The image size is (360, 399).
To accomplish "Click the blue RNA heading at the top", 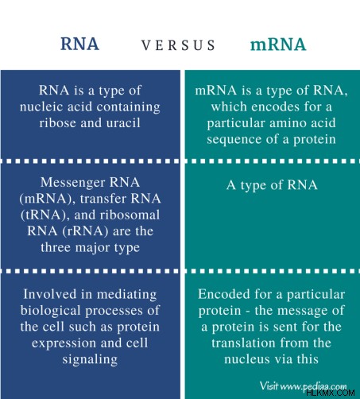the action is (79, 44).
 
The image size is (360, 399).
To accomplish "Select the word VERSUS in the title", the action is (178, 45).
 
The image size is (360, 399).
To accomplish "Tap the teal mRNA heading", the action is (278, 45).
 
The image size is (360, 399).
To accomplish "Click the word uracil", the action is (123, 123).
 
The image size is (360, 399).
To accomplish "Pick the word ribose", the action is (58, 123).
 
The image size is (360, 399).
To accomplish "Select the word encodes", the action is (276, 107).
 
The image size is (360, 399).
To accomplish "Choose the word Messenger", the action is (73, 183).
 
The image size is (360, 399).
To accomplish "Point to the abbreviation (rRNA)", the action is (85, 231).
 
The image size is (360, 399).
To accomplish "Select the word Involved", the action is (50, 294).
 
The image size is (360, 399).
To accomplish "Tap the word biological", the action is (50, 311).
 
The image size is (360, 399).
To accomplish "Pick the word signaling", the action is (90, 360).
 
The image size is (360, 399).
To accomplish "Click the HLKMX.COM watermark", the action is (330, 393).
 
